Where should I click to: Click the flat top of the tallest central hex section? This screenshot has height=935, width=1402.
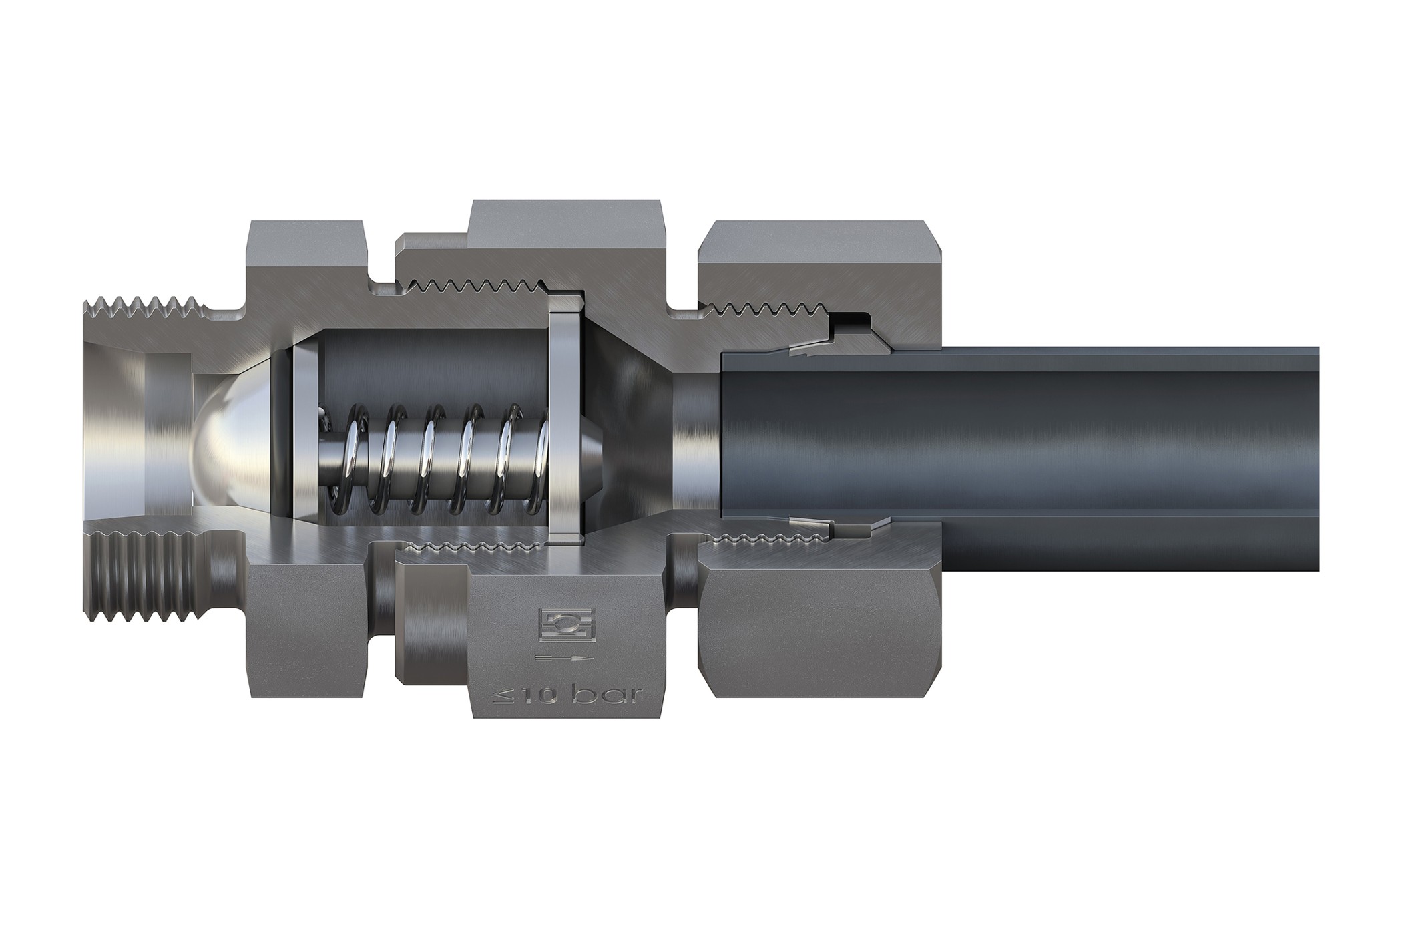[x=567, y=220]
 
